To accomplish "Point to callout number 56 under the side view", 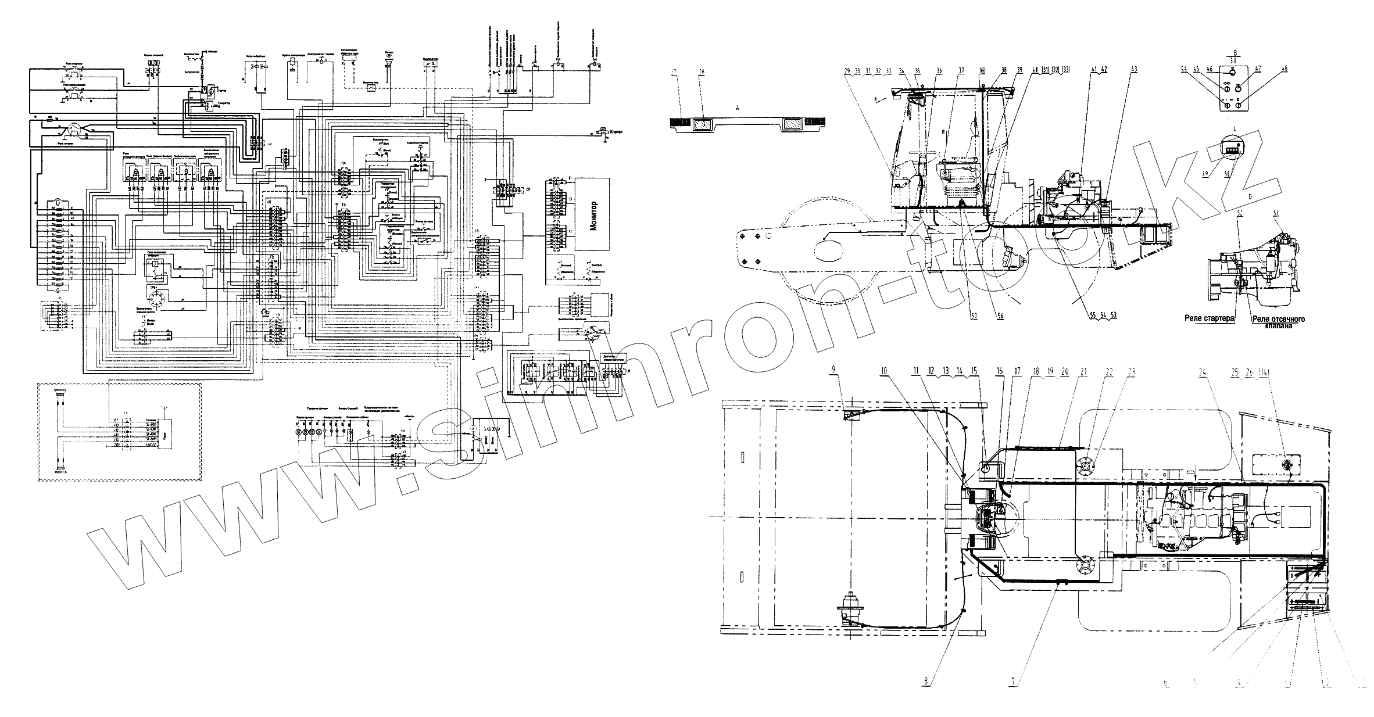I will pyautogui.click(x=1000, y=316).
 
